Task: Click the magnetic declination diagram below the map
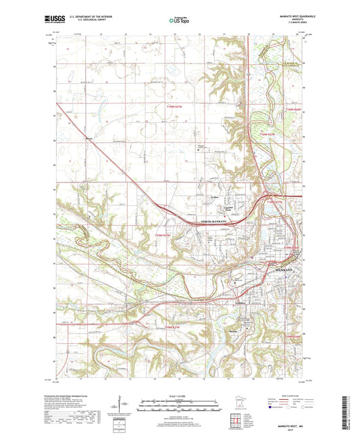click(x=126, y=407)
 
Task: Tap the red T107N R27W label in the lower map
click(x=173, y=328)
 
